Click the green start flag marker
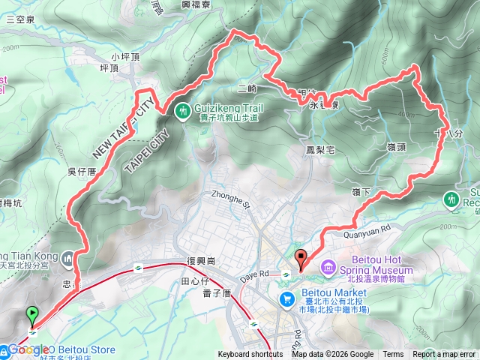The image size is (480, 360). coord(32,313)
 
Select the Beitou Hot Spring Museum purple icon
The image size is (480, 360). coord(329,267)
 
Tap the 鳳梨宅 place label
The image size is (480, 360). coord(320,150)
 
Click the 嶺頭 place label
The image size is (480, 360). coord(397,148)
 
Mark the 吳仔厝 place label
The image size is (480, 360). coord(80,172)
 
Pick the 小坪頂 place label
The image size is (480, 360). coord(125,56)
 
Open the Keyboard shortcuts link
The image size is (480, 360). coord(250,355)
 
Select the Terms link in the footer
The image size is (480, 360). coord(393,355)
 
